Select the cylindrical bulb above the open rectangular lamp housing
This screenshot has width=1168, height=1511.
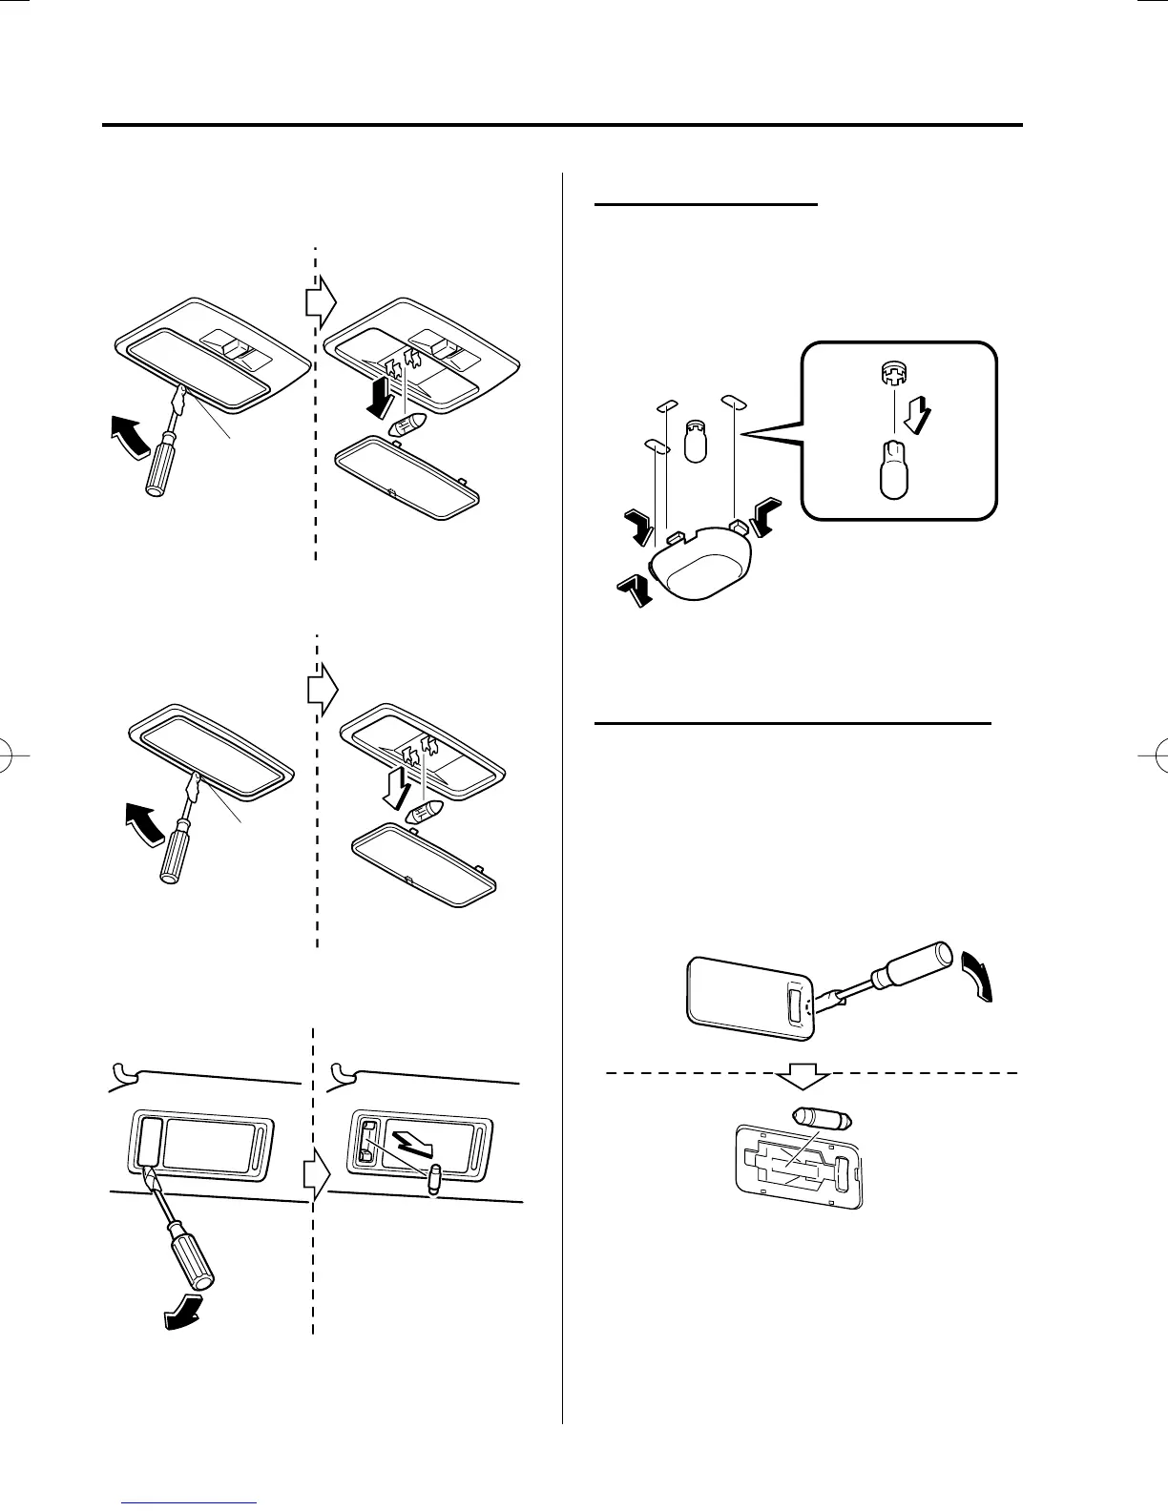pyautogui.click(x=822, y=1118)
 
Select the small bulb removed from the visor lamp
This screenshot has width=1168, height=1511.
pyautogui.click(x=434, y=1178)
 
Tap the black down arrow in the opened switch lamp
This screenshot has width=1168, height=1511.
pyautogui.click(x=376, y=394)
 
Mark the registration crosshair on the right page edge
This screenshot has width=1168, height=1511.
pyautogui.click(x=1154, y=755)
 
